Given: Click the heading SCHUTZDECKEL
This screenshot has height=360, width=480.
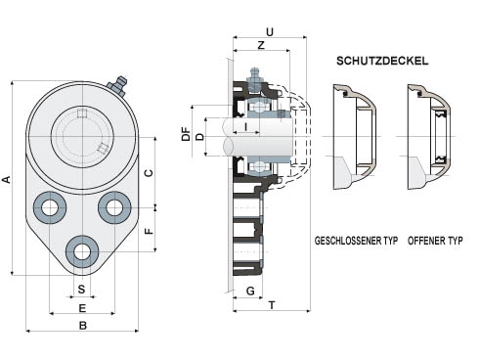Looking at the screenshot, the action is (x=382, y=61).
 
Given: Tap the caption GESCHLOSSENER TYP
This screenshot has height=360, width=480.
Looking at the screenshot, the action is (x=356, y=241).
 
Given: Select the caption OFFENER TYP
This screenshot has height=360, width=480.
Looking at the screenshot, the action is (x=435, y=241).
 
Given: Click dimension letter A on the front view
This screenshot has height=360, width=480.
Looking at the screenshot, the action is (x=7, y=179).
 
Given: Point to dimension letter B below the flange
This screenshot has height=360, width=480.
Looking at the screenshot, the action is (x=83, y=325).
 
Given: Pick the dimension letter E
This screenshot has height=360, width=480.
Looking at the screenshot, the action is (x=82, y=308).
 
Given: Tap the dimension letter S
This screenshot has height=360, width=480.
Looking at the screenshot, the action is (x=81, y=289).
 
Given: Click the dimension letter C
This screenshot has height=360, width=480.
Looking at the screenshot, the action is (x=149, y=173).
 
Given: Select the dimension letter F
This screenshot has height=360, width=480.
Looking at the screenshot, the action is (x=149, y=231).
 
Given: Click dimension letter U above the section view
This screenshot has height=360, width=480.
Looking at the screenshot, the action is (x=270, y=32).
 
